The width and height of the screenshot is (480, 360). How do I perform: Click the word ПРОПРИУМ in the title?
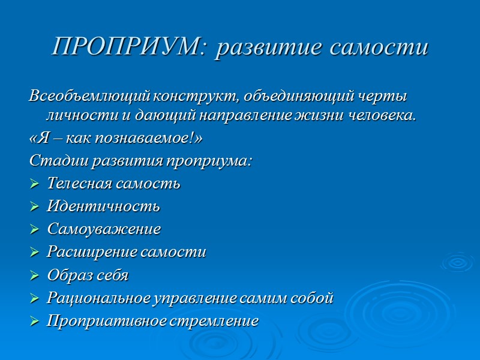click(128, 46)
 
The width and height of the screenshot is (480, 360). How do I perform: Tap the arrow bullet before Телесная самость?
click(34, 184)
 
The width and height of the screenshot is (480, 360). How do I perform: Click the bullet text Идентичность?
click(103, 207)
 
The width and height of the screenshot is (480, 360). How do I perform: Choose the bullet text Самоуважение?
click(104, 230)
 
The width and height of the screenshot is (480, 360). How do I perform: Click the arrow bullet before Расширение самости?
click(34, 253)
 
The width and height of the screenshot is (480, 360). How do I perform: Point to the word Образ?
click(67, 275)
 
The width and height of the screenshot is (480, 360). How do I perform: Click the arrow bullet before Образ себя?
click(34, 275)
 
